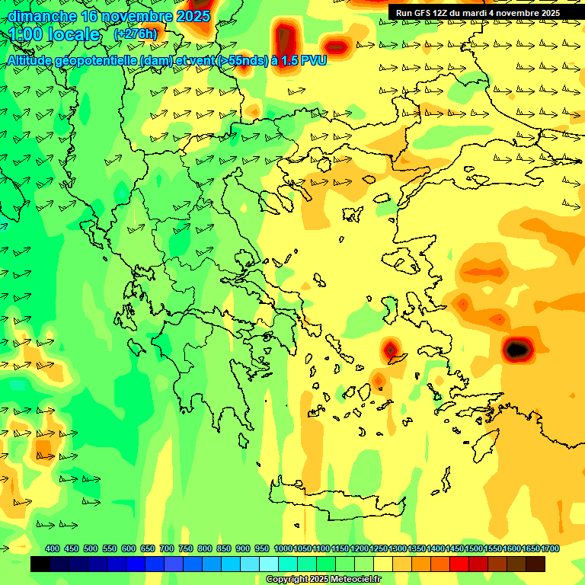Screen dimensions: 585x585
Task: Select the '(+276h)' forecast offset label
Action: click(136, 34)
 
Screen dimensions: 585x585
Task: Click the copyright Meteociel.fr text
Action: click(323, 579)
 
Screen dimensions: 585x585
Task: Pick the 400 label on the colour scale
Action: click(53, 548)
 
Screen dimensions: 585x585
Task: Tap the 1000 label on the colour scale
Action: click(283, 548)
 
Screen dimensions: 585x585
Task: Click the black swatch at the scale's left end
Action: click(40, 564)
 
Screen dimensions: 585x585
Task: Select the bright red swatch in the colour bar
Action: click(459, 564)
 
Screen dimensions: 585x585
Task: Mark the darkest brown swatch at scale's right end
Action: click(535, 564)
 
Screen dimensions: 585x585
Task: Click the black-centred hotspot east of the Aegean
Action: click(516, 350)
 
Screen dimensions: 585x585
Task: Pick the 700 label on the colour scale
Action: click(167, 548)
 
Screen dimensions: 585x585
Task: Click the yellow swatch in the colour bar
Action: click(383, 564)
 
